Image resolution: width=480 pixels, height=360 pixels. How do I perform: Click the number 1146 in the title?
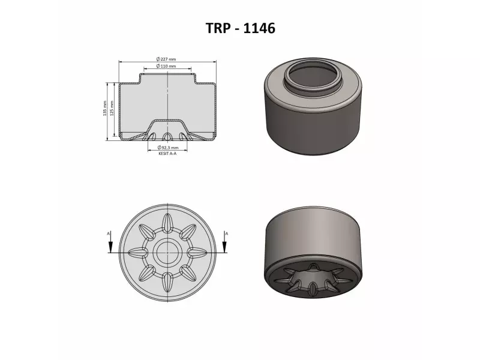pyautogui.click(x=259, y=28)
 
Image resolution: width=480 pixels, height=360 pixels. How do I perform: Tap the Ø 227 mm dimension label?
pyautogui.click(x=166, y=59)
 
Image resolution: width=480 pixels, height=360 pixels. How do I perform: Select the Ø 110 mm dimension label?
pyautogui.click(x=166, y=66)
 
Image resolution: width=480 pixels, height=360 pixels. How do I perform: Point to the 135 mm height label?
pyautogui.click(x=104, y=108)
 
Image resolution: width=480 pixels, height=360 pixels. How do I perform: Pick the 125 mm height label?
pyautogui.click(x=112, y=108)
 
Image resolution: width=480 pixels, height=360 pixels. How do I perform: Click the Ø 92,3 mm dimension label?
pyautogui.click(x=167, y=148)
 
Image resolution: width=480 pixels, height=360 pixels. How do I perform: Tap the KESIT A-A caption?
pyautogui.click(x=167, y=154)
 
